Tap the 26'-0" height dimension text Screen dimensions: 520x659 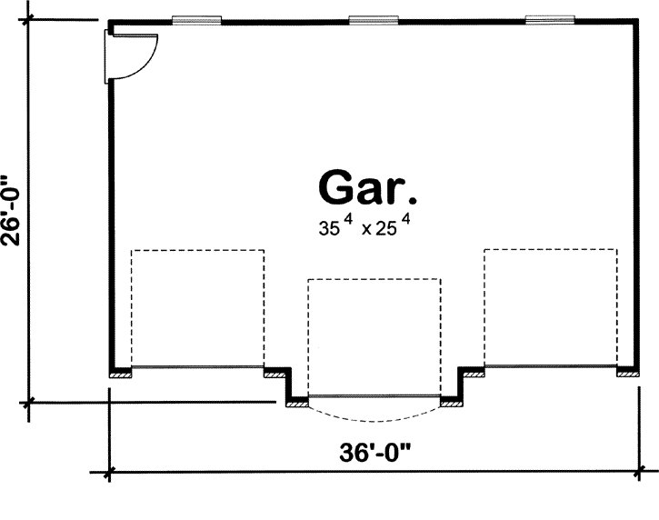(12, 211)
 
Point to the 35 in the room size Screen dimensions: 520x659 (328, 229)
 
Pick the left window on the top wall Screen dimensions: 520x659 (196, 18)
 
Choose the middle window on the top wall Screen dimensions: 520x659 (373, 18)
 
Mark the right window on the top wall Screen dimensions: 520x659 (549, 18)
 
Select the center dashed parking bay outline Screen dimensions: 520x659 (374, 336)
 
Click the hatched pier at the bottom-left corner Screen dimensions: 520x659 (120, 372)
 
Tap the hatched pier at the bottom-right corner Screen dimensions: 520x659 (627, 372)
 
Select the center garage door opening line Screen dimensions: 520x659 (374, 396)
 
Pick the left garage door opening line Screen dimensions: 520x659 (197, 366)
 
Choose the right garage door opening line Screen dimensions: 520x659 (550, 366)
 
